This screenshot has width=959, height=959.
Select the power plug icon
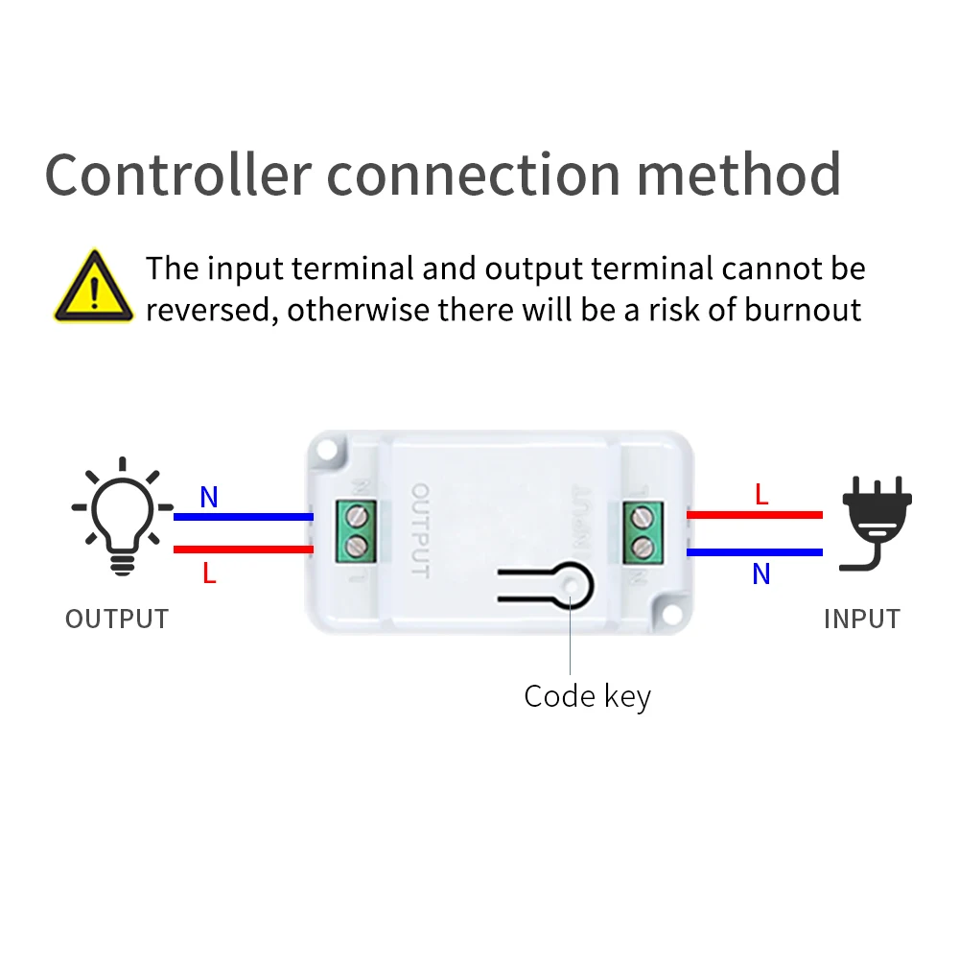(875, 522)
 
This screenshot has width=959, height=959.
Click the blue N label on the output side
(209, 498)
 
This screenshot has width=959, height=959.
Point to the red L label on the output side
(209, 573)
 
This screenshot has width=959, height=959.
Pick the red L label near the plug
(761, 495)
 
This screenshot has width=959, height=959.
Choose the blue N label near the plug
(761, 573)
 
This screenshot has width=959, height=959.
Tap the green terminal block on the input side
(639, 530)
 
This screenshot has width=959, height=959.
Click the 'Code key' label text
(587, 696)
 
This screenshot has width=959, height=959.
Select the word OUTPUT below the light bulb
(117, 620)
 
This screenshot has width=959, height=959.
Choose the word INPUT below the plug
(861, 620)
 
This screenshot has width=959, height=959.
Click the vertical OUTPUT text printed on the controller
(420, 530)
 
